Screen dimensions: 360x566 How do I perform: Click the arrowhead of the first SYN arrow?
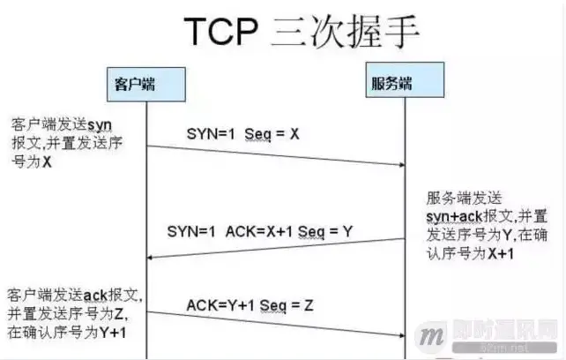[401, 163]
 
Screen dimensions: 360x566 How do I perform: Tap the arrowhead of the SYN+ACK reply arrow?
[151, 256]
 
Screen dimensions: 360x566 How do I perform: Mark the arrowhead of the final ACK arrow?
[401, 335]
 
